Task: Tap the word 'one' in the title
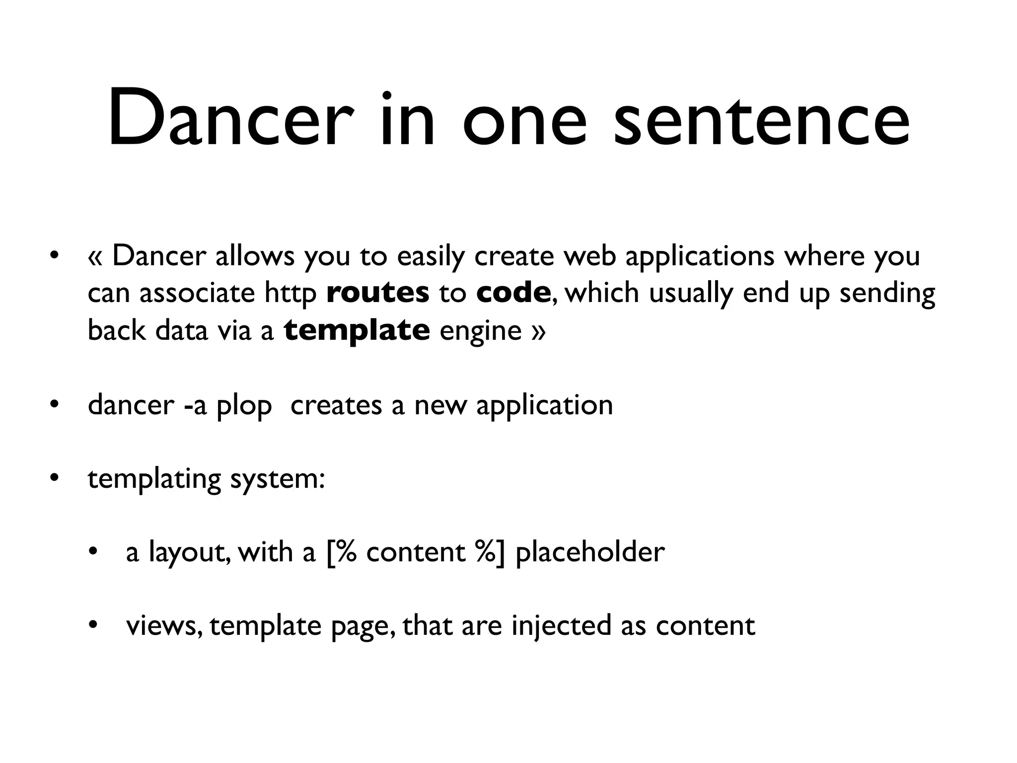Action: pyautogui.click(x=525, y=121)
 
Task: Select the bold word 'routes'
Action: pyautogui.click(x=378, y=293)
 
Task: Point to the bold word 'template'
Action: pyautogui.click(x=357, y=330)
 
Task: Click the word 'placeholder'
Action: pyautogui.click(x=590, y=551)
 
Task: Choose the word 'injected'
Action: pyautogui.click(x=561, y=626)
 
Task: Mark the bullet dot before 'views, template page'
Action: pyautogui.click(x=92, y=625)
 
